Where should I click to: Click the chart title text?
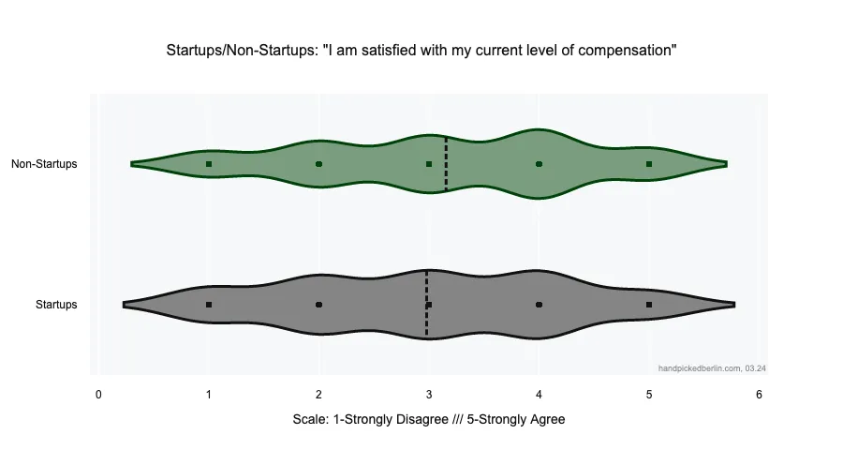[x=421, y=50]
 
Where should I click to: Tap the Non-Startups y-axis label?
[x=44, y=164]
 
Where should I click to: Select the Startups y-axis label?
[x=56, y=305]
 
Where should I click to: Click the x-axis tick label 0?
[x=98, y=395]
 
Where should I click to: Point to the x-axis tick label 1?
[x=209, y=395]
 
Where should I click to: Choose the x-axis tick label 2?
[x=318, y=395]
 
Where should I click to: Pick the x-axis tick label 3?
[x=429, y=395]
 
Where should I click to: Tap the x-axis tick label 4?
[x=539, y=395]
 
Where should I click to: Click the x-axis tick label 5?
[x=649, y=395]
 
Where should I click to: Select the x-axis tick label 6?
[x=759, y=395]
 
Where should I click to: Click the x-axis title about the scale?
[x=429, y=420]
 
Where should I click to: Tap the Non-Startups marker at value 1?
[x=209, y=164]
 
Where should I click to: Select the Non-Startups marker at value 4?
[x=539, y=164]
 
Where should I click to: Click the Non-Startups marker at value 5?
[x=649, y=164]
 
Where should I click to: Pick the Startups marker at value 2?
[x=318, y=305]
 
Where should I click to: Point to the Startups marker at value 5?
[x=649, y=305]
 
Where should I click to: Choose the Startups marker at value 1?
[x=209, y=305]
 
